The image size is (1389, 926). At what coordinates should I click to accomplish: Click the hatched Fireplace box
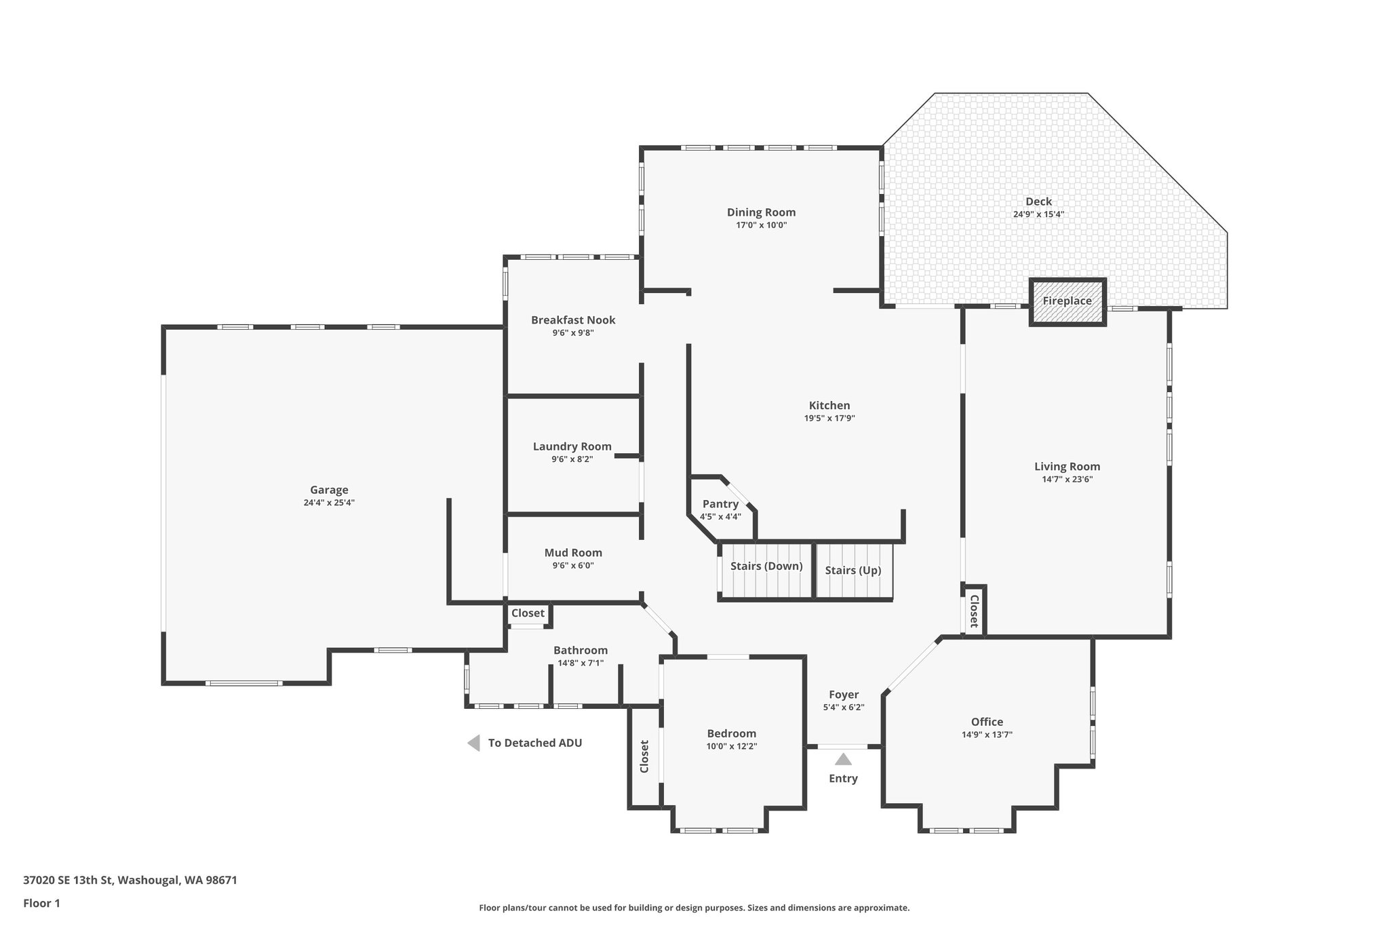coord(1068,302)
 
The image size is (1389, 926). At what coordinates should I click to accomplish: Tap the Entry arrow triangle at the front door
coord(843,759)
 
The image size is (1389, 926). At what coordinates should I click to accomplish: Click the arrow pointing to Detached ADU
coord(474,743)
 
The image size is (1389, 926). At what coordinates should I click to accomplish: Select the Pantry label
coord(720,504)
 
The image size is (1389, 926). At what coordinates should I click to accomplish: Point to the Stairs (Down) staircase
coord(766,571)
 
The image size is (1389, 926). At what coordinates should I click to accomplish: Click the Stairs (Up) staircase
coord(853,571)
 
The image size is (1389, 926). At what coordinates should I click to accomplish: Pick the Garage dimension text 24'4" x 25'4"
coord(329,503)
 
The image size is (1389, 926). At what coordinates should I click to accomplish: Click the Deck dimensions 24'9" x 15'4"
coord(1038,214)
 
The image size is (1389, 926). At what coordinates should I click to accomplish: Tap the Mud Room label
coord(573,553)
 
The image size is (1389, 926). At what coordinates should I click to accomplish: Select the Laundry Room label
coord(572,446)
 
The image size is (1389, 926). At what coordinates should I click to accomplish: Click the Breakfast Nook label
coord(573,320)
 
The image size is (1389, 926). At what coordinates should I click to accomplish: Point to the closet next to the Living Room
coord(974,611)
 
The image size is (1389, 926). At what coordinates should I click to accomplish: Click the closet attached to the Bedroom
coord(644,756)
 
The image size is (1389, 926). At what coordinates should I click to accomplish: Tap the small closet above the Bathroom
coord(528,613)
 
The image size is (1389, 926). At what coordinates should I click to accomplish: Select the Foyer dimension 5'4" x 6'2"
coord(844,707)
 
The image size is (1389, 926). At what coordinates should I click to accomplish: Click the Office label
coord(987,722)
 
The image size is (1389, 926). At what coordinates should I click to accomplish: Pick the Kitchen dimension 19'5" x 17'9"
coord(829,419)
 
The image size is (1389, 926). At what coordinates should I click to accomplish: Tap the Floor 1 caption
coord(42,903)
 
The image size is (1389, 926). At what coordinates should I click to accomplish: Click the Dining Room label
coord(761,212)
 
